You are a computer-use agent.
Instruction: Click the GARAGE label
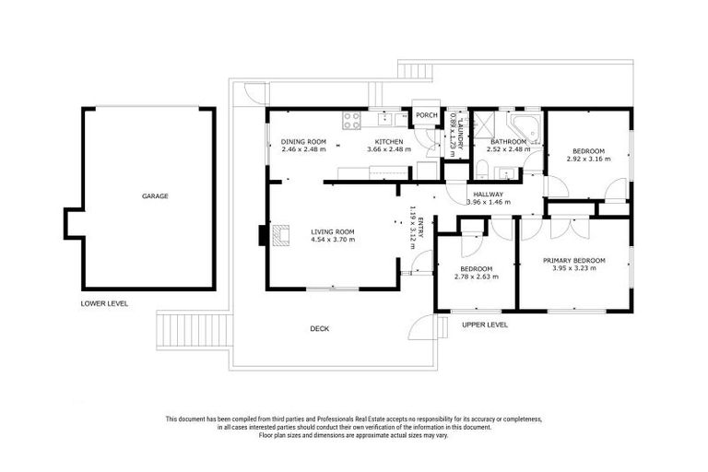click(154, 195)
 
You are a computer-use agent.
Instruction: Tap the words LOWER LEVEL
click(103, 303)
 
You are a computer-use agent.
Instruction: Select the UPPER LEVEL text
click(484, 324)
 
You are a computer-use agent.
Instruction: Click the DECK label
click(319, 329)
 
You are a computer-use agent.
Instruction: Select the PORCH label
click(426, 115)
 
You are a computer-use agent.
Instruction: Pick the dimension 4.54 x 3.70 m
click(333, 240)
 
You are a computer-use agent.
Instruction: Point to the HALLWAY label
click(488, 195)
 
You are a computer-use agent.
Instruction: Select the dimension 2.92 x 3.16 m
click(588, 159)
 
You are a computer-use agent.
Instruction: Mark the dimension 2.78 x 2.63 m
click(476, 276)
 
